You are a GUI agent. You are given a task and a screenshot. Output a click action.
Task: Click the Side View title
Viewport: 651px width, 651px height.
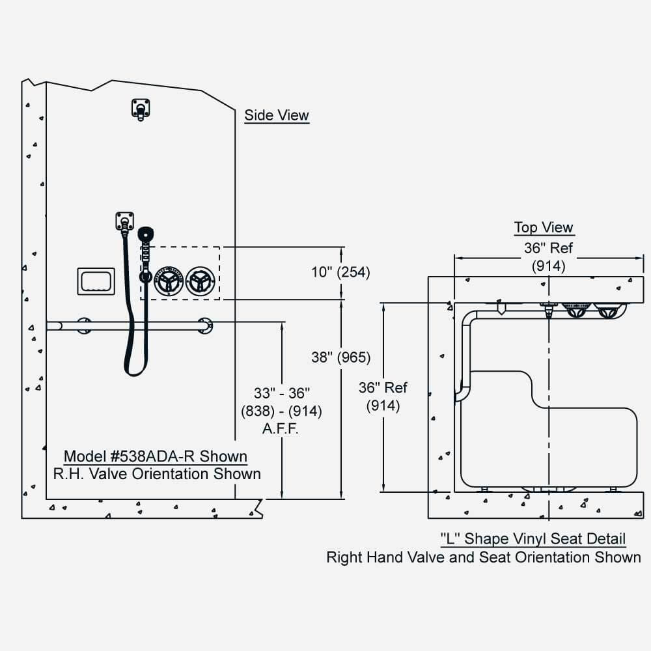(277, 116)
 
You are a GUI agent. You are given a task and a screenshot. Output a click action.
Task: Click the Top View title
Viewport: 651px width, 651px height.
(544, 228)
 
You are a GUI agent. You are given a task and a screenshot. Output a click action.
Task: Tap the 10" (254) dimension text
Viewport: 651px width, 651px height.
(340, 273)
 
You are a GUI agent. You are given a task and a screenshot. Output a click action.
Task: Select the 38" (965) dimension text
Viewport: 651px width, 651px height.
(340, 357)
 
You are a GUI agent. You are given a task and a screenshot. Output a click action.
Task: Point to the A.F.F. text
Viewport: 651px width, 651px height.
(281, 430)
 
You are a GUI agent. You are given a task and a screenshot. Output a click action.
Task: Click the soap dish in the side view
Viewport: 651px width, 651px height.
(96, 281)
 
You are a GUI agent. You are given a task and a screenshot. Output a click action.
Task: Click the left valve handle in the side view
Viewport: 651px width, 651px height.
(168, 280)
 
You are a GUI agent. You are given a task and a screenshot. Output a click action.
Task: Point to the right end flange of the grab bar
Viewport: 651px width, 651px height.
(205, 325)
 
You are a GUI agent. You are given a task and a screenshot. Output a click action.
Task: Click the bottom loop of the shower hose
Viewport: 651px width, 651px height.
(135, 370)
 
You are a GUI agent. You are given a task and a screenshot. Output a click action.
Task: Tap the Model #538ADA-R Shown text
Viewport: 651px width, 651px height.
(155, 456)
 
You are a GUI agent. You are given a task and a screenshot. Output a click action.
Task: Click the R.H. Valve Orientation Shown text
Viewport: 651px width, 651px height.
(157, 474)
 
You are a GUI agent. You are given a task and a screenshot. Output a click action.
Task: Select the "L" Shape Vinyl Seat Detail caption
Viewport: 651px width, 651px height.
(533, 539)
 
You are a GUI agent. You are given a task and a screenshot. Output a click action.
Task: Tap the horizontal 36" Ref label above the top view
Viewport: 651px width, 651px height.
(549, 249)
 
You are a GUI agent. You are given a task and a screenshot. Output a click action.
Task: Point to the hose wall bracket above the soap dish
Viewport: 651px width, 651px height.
(124, 220)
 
